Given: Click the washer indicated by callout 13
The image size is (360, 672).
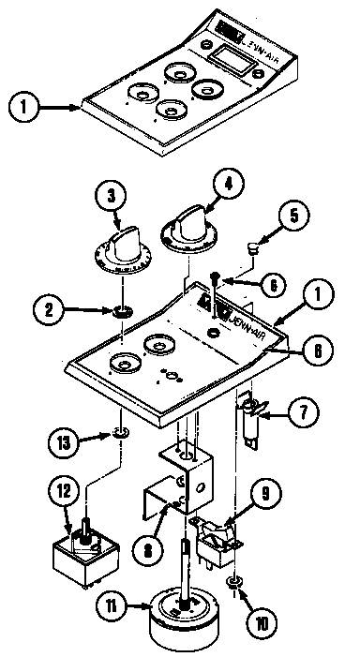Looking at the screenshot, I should [x=120, y=433].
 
